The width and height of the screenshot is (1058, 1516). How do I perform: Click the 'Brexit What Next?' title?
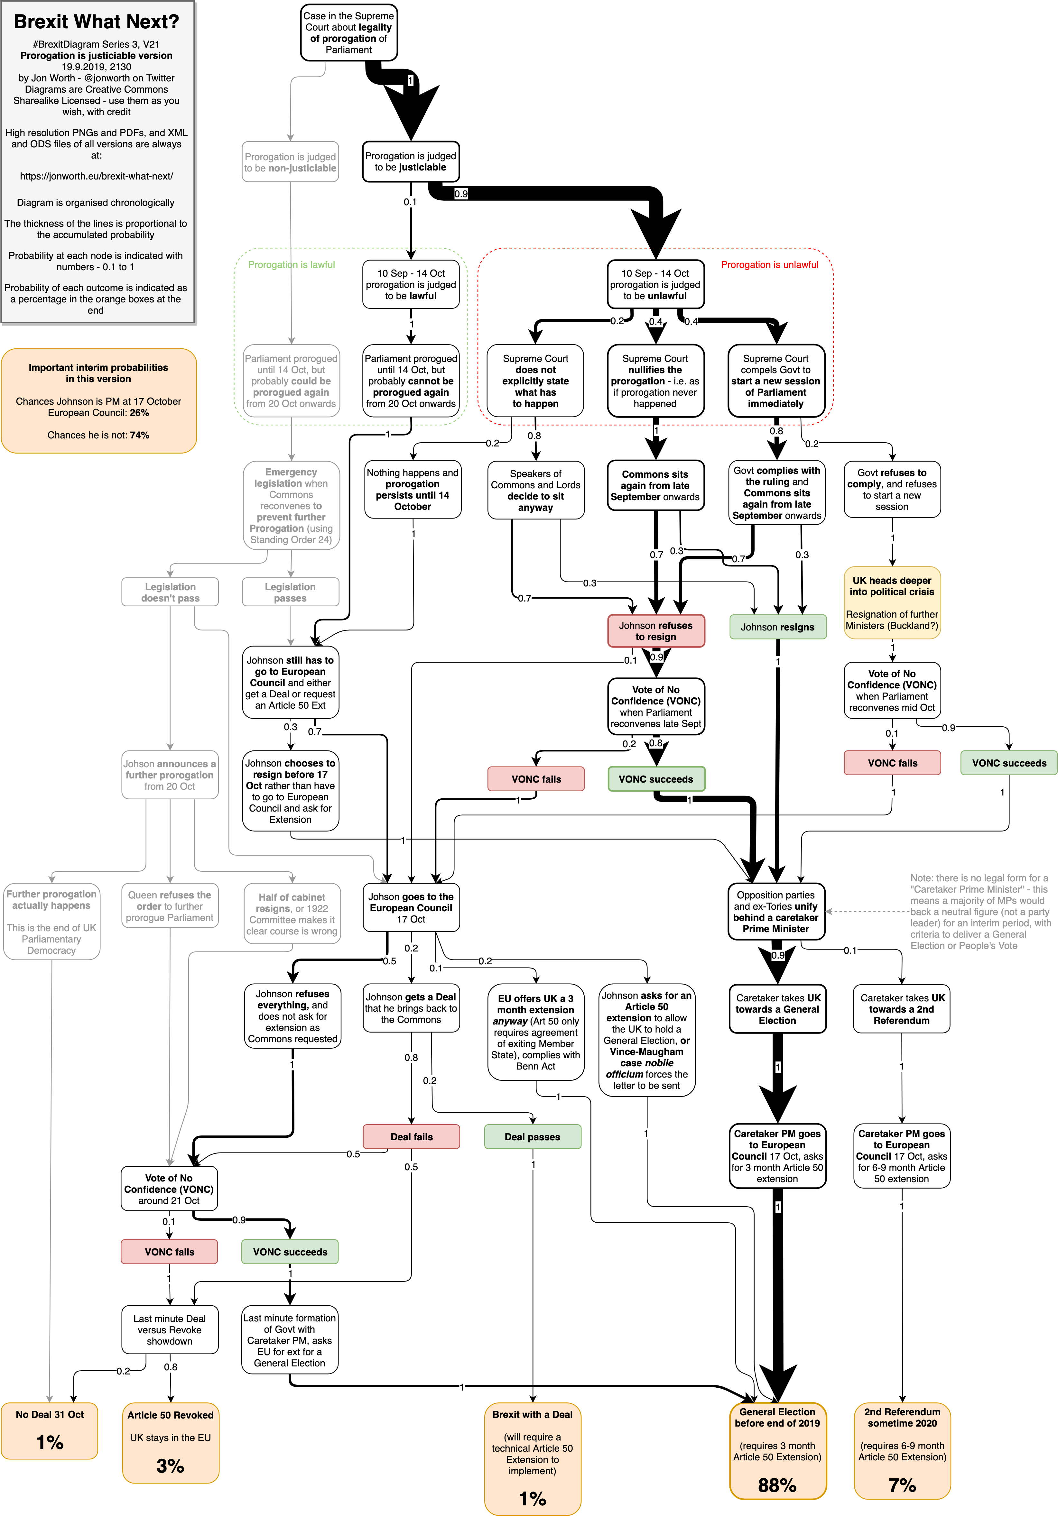97,22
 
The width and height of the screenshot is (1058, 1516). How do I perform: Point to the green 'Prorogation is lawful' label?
291,265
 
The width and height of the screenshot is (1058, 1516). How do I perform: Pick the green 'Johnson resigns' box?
777,627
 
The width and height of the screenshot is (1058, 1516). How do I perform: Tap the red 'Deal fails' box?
412,1136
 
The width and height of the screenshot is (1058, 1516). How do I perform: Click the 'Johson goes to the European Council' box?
411,907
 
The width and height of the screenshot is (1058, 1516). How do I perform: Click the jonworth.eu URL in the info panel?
97,176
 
